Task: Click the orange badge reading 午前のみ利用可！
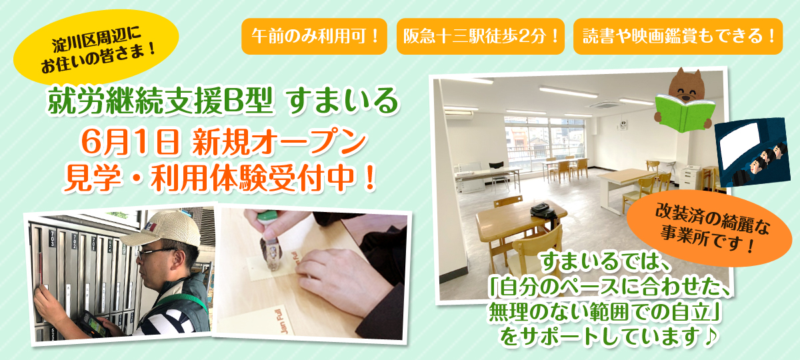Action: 314,37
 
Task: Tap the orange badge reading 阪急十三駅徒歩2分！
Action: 481,37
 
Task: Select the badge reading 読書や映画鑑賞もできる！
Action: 678,37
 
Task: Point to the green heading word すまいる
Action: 343,101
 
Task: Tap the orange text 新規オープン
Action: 279,142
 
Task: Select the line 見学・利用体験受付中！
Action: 220,178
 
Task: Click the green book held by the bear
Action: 685,113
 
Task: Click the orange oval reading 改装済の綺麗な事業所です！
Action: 709,229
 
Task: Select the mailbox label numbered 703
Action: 52,239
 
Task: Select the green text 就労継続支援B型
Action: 161,101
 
